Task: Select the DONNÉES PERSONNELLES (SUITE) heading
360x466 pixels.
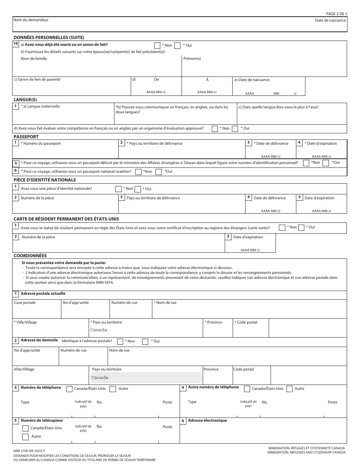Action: click(49, 37)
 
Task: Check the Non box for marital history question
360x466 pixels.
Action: click(157, 45)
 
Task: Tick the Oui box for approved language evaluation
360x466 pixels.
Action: click(235, 128)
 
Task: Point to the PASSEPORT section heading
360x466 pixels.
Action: click(26, 136)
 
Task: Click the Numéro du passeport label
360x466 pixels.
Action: click(41, 144)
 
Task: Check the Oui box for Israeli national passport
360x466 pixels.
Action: click(159, 172)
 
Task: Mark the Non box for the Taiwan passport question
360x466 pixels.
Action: click(306, 163)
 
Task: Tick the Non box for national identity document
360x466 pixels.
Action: click(118, 189)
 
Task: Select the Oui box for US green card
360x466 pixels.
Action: click(301, 228)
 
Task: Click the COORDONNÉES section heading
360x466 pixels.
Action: click(30, 256)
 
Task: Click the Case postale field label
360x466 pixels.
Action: click(25, 303)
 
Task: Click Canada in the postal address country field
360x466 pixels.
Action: click(99, 330)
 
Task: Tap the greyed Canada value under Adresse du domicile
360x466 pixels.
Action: click(100, 378)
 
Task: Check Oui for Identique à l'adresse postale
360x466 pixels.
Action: click(145, 341)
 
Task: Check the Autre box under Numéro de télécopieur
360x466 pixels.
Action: click(25, 437)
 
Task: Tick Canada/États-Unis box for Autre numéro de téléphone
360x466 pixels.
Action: click(247, 389)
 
